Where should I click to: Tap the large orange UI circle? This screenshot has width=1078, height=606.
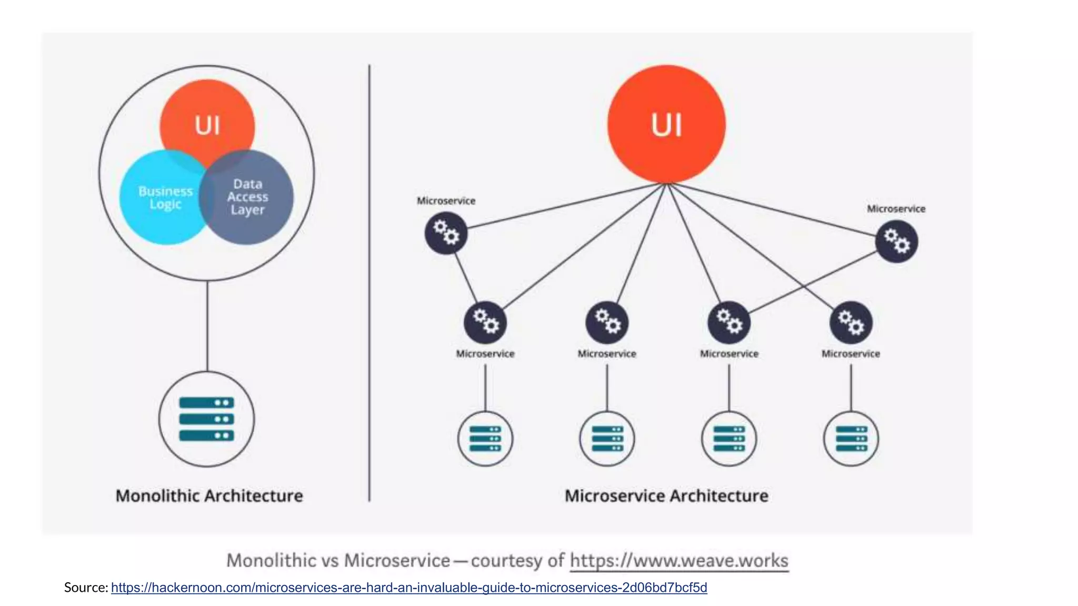[666, 125]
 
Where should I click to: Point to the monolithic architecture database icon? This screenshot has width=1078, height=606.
[207, 419]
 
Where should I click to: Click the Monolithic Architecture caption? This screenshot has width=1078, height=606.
[209, 496]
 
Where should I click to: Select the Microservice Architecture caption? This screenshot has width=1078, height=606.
[666, 496]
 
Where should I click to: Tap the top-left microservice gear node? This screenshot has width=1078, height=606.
[446, 233]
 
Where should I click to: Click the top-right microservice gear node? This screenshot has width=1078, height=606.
[896, 241]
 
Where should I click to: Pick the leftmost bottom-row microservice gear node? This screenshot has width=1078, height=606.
[485, 322]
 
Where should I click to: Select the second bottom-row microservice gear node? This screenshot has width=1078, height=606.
[607, 322]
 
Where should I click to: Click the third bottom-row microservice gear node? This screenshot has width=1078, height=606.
[729, 322]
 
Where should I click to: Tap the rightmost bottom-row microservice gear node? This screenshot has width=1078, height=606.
[851, 322]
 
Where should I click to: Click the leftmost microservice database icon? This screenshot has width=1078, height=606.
[485, 439]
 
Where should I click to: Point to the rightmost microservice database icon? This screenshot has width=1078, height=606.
[851, 439]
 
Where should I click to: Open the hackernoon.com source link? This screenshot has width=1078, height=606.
[409, 588]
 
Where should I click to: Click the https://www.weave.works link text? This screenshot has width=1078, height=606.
[679, 560]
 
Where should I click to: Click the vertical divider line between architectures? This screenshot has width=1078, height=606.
[370, 284]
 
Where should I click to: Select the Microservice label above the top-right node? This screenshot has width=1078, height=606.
[896, 209]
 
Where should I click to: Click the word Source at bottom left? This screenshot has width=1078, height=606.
[85, 588]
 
